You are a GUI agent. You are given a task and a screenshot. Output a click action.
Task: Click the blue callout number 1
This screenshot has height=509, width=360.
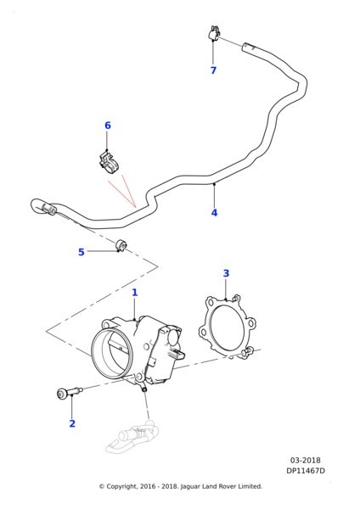pyautogui.click(x=134, y=293)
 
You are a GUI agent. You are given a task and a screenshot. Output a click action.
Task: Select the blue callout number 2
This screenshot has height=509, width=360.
pyautogui.click(x=72, y=423)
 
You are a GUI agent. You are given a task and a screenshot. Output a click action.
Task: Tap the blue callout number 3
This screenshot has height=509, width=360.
pyautogui.click(x=226, y=273)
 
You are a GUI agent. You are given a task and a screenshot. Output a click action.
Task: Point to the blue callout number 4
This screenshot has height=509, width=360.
pyautogui.click(x=214, y=213)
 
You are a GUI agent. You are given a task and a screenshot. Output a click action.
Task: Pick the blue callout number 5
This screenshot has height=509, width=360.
pyautogui.click(x=82, y=252)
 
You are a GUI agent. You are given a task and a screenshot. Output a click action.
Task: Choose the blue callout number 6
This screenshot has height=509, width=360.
pyautogui.click(x=108, y=126)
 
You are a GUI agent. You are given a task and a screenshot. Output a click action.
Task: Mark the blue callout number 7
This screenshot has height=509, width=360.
pyautogui.click(x=213, y=70)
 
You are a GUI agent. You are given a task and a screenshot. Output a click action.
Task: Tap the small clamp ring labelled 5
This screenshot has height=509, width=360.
pyautogui.click(x=121, y=245)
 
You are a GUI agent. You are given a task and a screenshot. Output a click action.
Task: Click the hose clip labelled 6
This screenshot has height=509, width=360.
pyautogui.click(x=109, y=161)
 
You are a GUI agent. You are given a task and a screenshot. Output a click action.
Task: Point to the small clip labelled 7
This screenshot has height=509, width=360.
pyautogui.click(x=213, y=33)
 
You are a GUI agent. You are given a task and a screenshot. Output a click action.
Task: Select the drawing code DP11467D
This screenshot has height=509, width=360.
pyautogui.click(x=306, y=471)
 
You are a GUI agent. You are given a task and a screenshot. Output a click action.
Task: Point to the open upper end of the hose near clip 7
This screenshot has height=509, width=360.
pyautogui.click(x=245, y=46)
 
